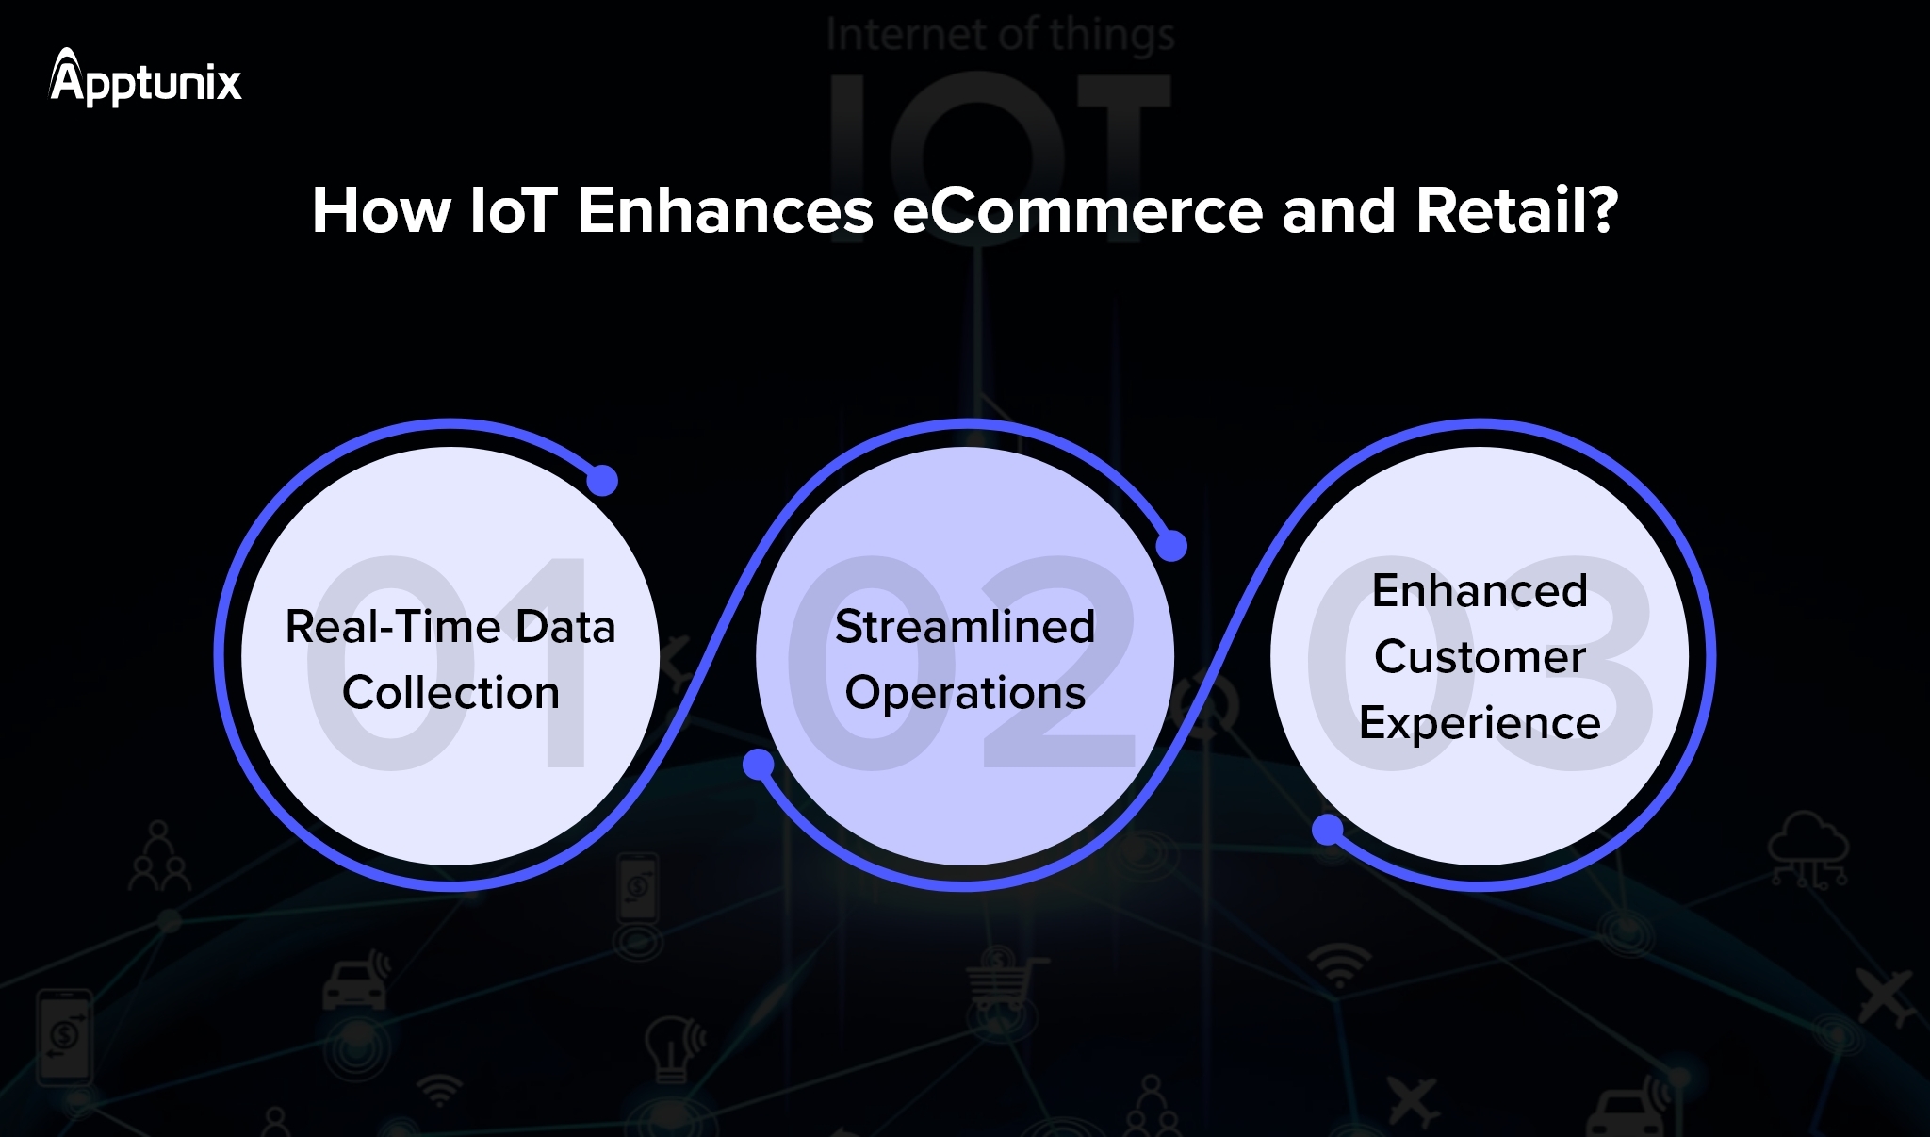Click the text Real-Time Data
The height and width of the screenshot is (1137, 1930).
coord(450,627)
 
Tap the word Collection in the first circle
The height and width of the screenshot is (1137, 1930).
coord(450,693)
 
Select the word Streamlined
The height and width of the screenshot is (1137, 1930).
coord(965,627)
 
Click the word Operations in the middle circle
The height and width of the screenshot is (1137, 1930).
coord(965,693)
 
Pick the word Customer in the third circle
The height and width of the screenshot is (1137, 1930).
coord(1480,656)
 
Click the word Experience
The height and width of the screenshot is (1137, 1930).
coord(1480,723)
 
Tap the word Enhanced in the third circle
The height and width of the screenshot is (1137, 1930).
coord(1480,591)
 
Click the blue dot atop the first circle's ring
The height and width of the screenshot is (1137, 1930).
coord(602,480)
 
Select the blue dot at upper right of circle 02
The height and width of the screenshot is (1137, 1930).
coord(1171,546)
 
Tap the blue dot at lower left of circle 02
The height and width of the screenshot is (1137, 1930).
coord(759,765)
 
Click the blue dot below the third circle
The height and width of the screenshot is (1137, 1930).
coord(1328,831)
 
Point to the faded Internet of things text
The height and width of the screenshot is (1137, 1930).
coord(1000,35)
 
